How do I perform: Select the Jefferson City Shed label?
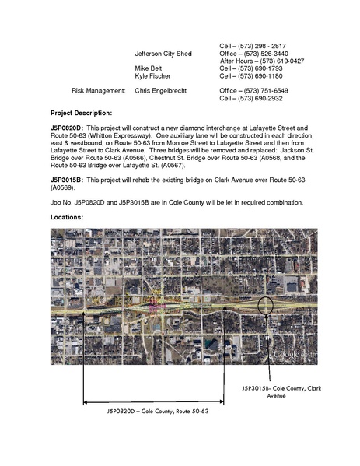[x=163, y=53]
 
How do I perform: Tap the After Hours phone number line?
[x=262, y=61]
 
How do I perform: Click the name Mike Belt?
[x=149, y=68]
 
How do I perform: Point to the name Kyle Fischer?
[x=152, y=76]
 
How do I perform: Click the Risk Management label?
[x=94, y=91]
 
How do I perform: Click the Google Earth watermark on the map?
[x=293, y=355]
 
